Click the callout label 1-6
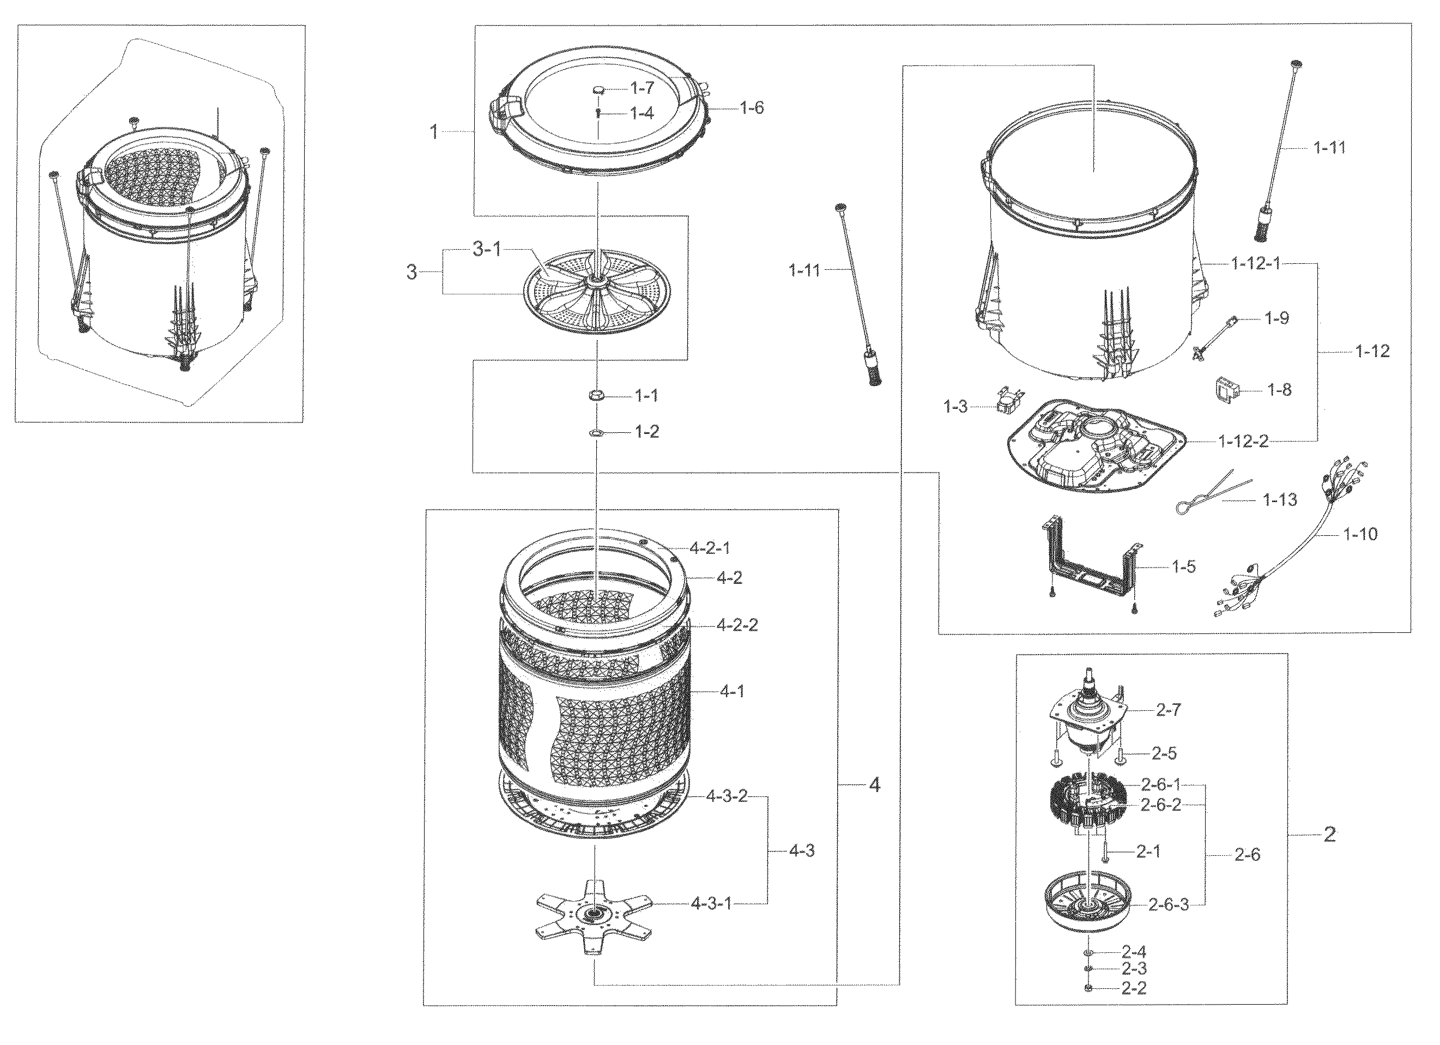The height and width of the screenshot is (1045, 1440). (752, 107)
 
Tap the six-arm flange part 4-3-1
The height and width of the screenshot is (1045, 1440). (594, 914)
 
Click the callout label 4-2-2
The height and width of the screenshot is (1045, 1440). (737, 625)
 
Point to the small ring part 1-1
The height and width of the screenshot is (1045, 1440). (596, 396)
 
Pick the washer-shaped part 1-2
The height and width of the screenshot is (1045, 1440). (596, 433)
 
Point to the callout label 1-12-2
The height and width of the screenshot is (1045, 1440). (1243, 441)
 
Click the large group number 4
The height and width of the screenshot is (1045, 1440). (874, 786)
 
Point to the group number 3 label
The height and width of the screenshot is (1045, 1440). (412, 273)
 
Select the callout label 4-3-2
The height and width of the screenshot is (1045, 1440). (727, 796)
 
